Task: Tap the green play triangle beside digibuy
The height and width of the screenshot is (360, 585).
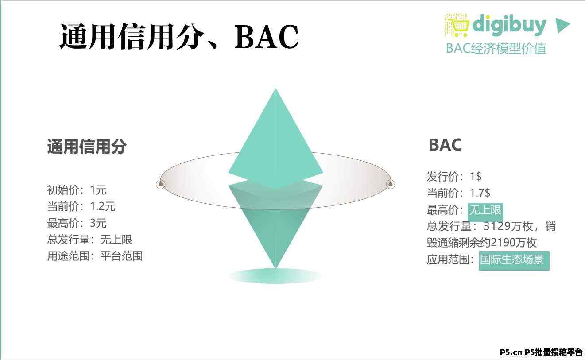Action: (x=562, y=25)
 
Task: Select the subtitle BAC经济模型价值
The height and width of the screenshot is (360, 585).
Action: (x=496, y=48)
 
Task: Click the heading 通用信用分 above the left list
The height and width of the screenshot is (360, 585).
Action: (x=87, y=147)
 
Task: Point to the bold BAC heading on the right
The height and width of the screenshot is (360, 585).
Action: (x=445, y=145)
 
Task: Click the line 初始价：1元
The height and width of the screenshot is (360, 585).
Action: (x=77, y=190)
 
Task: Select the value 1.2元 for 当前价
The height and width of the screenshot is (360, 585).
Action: (x=103, y=206)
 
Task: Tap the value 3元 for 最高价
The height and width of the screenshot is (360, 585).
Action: (x=98, y=223)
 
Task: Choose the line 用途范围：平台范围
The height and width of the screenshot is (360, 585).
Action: (x=95, y=256)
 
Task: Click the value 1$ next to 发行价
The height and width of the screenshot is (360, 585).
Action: (x=476, y=177)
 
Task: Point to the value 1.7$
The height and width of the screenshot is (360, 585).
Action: (x=480, y=193)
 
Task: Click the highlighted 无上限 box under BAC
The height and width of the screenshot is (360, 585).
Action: (x=485, y=210)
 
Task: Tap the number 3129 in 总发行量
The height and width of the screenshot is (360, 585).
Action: (x=497, y=226)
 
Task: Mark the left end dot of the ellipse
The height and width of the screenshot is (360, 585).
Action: (x=161, y=184)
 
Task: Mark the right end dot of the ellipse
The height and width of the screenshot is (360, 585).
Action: (x=391, y=184)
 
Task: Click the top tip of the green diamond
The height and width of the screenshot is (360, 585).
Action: (x=275, y=89)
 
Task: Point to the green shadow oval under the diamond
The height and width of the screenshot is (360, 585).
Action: (x=275, y=276)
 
